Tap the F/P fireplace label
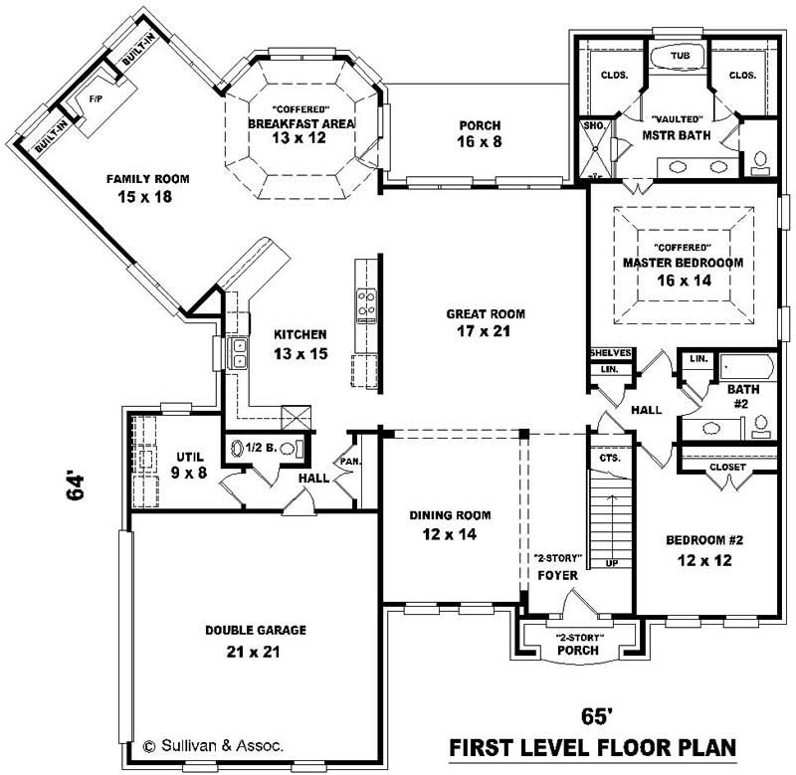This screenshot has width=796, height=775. tap(97, 100)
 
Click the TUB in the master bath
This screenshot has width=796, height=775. tap(681, 56)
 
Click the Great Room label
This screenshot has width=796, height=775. tap(485, 314)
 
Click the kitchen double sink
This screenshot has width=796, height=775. tap(240, 352)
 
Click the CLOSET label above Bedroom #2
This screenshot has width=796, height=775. tap(728, 468)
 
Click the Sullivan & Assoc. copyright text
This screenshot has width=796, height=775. tap(213, 742)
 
